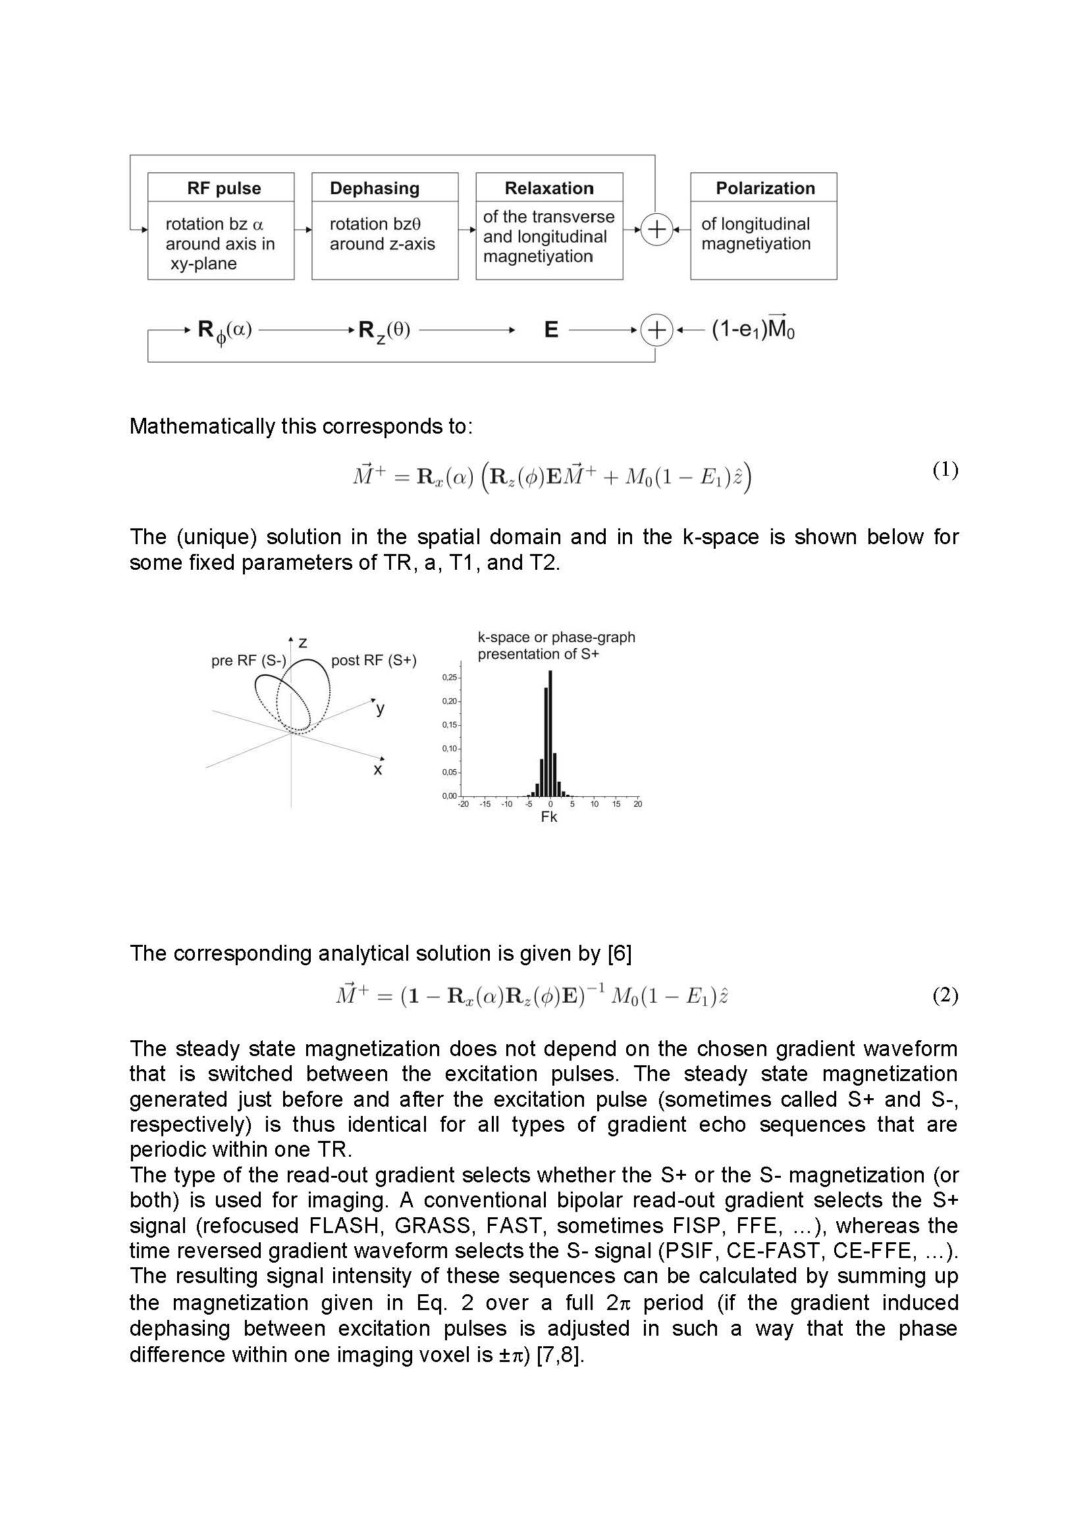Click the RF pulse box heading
click(x=224, y=188)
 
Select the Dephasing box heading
click(x=374, y=188)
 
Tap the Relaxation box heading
click(x=549, y=188)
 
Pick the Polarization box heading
click(x=765, y=188)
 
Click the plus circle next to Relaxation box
click(x=656, y=229)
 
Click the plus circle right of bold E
click(x=656, y=330)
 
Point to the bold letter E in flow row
click(x=551, y=330)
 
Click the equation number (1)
click(x=945, y=470)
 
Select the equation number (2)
click(x=945, y=996)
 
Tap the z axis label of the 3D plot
click(x=303, y=643)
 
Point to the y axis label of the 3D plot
click(x=380, y=709)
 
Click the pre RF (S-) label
click(x=249, y=660)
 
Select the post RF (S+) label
click(x=373, y=660)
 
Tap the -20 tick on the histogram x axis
click(x=464, y=803)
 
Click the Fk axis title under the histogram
click(x=549, y=817)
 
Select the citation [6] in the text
click(x=620, y=953)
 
